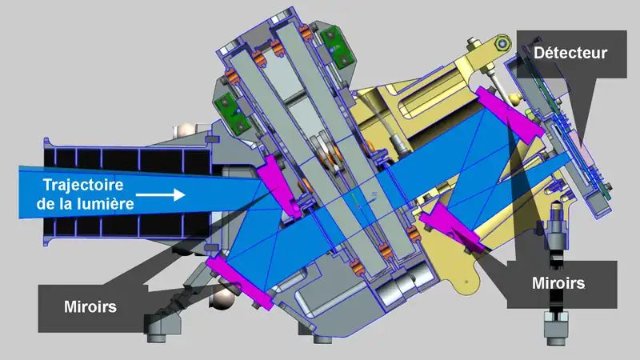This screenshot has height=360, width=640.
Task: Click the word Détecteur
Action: (570, 53)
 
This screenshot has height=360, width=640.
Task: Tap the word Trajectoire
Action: (83, 185)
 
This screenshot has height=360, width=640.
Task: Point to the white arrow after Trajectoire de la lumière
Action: (161, 194)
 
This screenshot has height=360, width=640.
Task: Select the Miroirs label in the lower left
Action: (90, 306)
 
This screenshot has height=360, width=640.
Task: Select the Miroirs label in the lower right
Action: (558, 283)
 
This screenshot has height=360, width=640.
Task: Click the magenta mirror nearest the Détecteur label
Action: (510, 115)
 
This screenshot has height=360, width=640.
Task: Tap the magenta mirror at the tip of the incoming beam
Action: (278, 186)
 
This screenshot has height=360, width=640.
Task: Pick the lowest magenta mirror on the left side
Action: (239, 282)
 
